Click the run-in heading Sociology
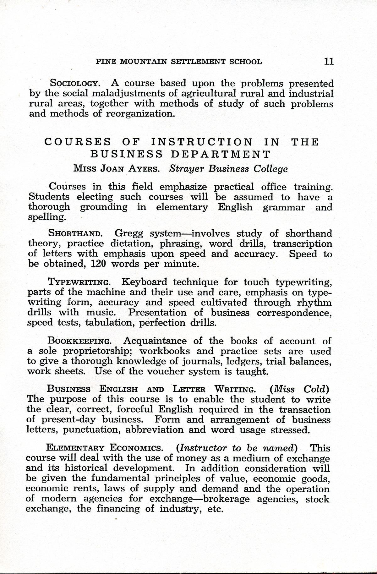click(x=75, y=84)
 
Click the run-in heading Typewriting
click(x=79, y=282)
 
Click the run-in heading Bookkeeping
click(x=79, y=341)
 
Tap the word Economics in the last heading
click(x=136, y=448)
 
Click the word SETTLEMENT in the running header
click(x=198, y=62)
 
